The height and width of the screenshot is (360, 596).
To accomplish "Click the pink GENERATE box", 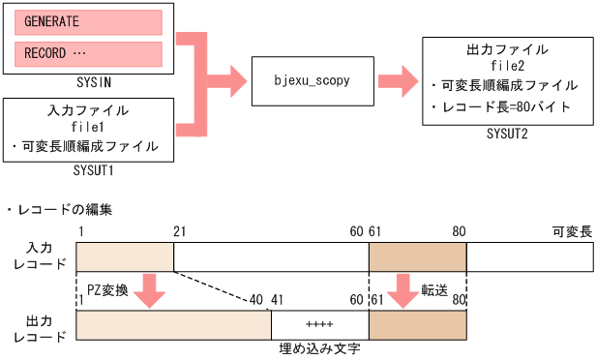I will pyautogui.click(x=88, y=21).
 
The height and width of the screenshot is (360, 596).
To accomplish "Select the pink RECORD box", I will pyautogui.click(x=88, y=53).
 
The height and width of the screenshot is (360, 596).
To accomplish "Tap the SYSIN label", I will pyautogui.click(x=88, y=83).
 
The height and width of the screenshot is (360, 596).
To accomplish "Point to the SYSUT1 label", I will pyautogui.click(x=88, y=168).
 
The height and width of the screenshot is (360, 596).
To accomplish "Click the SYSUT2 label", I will pyautogui.click(x=507, y=134).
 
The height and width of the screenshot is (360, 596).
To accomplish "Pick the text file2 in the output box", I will pyautogui.click(x=507, y=65).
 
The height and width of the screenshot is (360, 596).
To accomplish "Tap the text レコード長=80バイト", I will pyautogui.click(x=506, y=106).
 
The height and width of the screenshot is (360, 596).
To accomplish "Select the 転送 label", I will pyautogui.click(x=433, y=289).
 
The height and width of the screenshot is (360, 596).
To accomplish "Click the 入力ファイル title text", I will pyautogui.click(x=88, y=110).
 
